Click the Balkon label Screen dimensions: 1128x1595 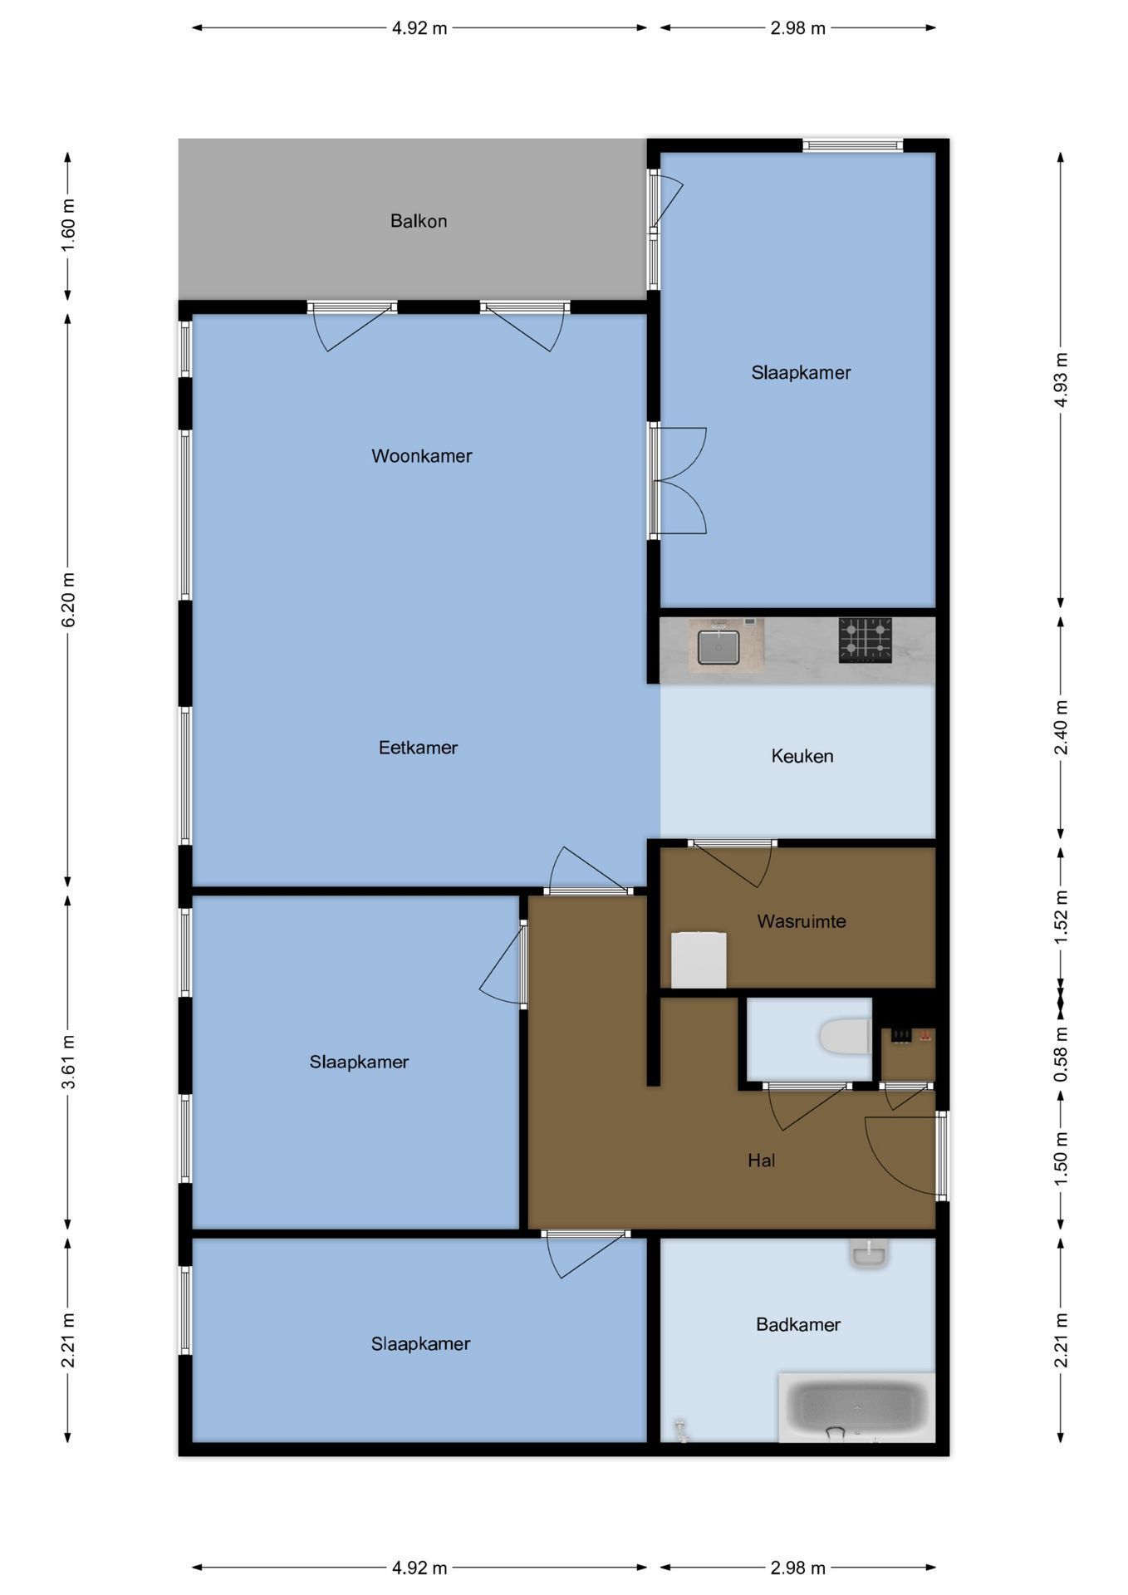419,221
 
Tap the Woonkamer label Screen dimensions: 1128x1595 422,456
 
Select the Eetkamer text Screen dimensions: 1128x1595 418,748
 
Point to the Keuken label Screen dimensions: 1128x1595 802,756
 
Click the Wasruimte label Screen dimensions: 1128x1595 802,921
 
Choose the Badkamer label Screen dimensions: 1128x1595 798,1325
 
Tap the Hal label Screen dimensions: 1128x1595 761,1161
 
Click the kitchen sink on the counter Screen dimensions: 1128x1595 718,647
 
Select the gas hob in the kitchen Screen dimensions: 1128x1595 865,640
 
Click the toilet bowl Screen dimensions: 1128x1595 845,1037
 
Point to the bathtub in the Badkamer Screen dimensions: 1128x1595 856,1406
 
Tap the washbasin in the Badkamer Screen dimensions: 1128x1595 870,1254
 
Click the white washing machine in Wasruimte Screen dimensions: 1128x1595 699,960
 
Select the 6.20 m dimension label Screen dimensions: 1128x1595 68,599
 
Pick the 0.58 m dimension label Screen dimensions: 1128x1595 1061,1053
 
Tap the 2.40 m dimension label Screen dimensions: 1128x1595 1061,727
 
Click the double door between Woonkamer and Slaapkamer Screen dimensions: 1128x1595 678,480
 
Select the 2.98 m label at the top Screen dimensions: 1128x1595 797,28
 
